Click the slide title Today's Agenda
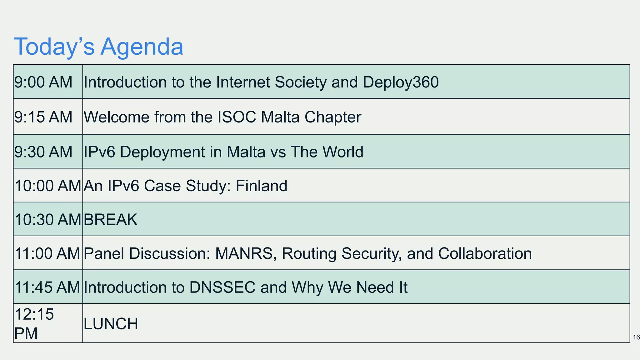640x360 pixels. tap(98, 47)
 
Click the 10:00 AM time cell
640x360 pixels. tap(47, 186)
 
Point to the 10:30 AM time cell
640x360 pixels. tap(47, 219)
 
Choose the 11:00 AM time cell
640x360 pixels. tap(47, 253)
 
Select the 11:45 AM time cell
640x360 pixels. tap(47, 287)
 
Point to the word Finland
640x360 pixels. tap(261, 186)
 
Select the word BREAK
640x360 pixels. tap(110, 220)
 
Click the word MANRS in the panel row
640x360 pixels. tap(244, 253)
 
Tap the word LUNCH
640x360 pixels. tap(111, 324)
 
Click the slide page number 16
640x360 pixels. tap(636, 337)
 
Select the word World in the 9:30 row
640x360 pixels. tap(343, 152)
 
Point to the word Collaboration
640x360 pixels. tap(485, 253)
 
